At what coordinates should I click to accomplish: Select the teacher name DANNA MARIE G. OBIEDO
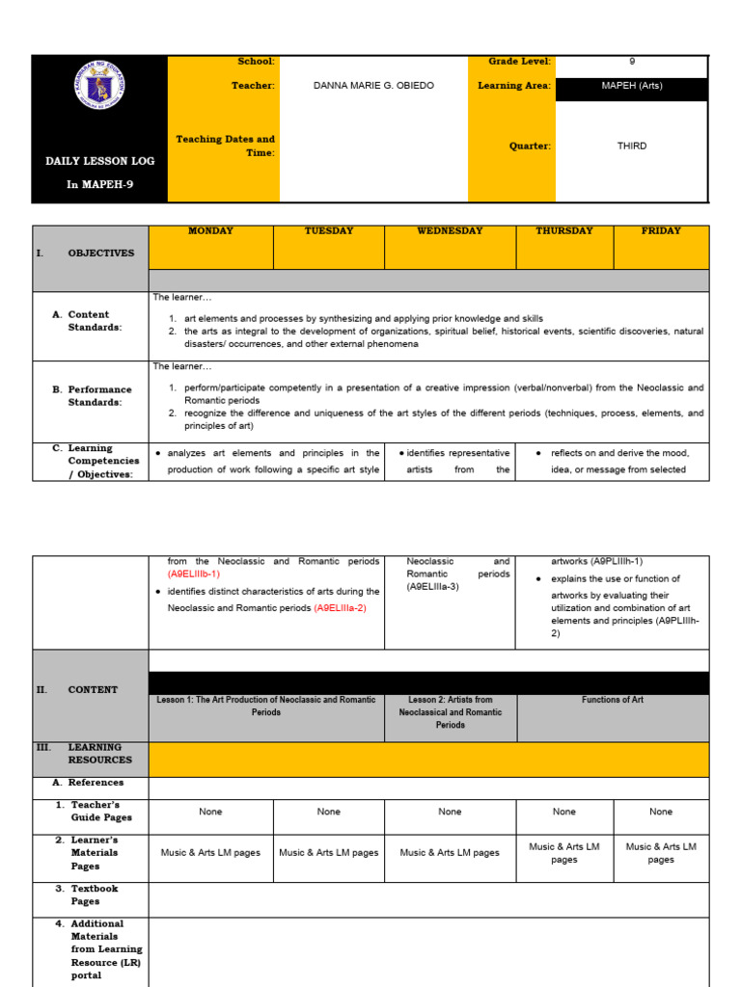click(x=373, y=86)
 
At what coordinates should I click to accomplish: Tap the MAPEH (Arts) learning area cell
click(x=632, y=86)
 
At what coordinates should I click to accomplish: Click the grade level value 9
click(x=632, y=62)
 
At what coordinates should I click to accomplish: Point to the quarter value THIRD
click(x=632, y=147)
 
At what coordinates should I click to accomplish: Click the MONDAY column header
click(x=210, y=231)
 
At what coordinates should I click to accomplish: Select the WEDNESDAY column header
click(x=450, y=231)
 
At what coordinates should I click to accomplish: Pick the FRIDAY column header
click(x=661, y=231)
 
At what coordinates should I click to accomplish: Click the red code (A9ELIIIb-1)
click(x=194, y=574)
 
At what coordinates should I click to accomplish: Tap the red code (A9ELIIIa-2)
click(x=341, y=608)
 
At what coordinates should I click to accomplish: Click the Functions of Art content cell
click(x=612, y=700)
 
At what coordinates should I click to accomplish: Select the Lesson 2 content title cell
click(x=450, y=712)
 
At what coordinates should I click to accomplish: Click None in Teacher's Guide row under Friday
click(x=661, y=812)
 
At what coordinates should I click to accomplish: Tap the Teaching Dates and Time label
click(x=225, y=146)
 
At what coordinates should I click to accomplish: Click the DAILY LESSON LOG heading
click(x=99, y=161)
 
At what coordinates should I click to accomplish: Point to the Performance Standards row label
click(x=95, y=395)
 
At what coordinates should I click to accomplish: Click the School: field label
click(x=256, y=62)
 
